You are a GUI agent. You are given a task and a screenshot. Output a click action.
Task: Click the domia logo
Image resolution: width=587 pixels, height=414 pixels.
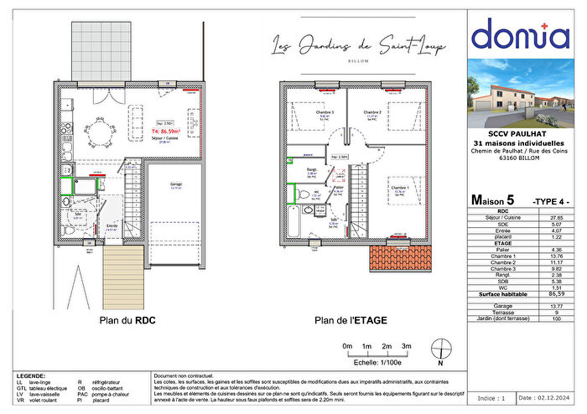pyautogui.click(x=519, y=35)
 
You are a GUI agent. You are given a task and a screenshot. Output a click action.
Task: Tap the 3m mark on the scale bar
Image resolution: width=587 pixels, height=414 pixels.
pyautogui.click(x=406, y=346)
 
